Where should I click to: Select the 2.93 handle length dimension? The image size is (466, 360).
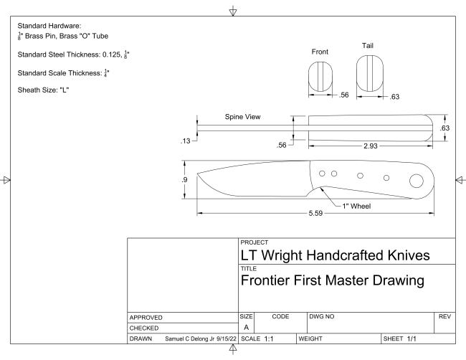click(371, 146)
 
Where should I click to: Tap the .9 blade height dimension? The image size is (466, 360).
click(186, 179)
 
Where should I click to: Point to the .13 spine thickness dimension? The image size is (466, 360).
click(185, 141)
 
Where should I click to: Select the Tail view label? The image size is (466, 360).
click(368, 46)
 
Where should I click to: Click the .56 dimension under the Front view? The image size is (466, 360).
click(343, 95)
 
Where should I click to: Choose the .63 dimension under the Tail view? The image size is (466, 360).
click(394, 98)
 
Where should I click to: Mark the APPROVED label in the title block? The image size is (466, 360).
click(148, 316)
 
